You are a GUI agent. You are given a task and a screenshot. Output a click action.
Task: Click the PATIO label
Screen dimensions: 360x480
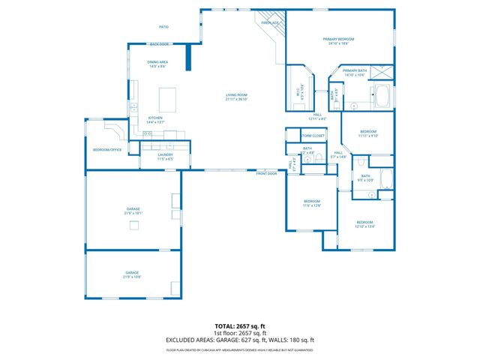(x=163, y=27)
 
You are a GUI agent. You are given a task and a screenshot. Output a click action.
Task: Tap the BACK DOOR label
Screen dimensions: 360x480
(x=159, y=44)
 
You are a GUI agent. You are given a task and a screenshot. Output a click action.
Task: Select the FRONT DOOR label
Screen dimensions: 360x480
(x=266, y=173)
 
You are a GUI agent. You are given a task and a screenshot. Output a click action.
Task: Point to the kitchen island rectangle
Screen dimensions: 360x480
(x=168, y=98)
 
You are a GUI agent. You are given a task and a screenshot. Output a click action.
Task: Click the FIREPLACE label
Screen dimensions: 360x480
(x=270, y=23)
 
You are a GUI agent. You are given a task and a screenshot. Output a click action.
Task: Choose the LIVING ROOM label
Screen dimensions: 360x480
(x=238, y=95)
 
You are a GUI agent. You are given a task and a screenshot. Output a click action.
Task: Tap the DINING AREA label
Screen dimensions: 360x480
(x=157, y=62)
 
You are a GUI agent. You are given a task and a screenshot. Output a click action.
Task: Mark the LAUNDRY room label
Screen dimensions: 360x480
(x=166, y=154)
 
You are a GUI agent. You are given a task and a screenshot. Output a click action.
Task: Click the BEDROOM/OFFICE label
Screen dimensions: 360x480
(x=107, y=150)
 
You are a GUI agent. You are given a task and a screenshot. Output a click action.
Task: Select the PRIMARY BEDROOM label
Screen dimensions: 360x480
(x=339, y=39)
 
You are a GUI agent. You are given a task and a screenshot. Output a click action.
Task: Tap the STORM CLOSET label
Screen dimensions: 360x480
(x=313, y=136)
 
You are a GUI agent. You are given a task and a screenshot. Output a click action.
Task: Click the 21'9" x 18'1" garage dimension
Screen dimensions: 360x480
(x=133, y=213)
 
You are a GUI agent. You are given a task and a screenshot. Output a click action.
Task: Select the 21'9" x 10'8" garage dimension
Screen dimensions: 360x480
(x=132, y=277)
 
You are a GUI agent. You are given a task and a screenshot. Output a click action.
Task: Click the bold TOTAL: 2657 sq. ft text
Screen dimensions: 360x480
(x=240, y=327)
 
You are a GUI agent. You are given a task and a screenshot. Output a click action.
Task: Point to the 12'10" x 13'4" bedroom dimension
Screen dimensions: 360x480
(x=365, y=226)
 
